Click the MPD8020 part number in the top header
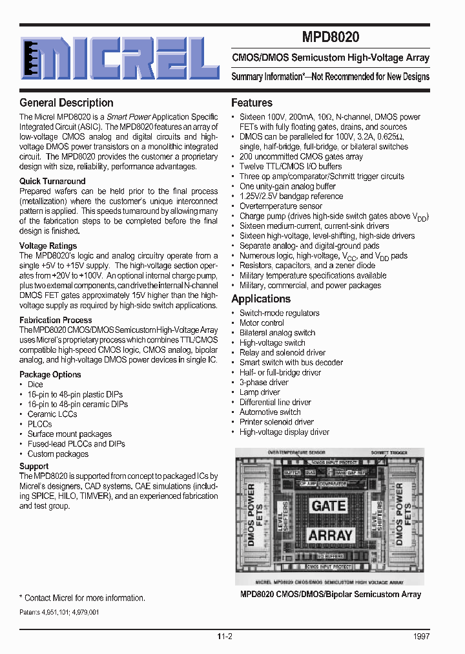(330, 37)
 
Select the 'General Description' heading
(66, 103)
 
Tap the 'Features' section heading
(252, 103)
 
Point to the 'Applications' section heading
(261, 299)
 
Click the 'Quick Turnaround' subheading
(52, 182)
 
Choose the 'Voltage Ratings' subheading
(48, 246)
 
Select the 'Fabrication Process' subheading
(56, 320)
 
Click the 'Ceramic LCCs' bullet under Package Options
(52, 414)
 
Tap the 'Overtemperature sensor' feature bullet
(281, 206)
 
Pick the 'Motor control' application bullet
(262, 323)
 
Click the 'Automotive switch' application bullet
(270, 412)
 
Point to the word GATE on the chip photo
(329, 505)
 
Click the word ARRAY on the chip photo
(330, 535)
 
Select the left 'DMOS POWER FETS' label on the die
(256, 521)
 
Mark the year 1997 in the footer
(421, 637)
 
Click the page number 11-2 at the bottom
(225, 637)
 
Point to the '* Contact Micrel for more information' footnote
(82, 598)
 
